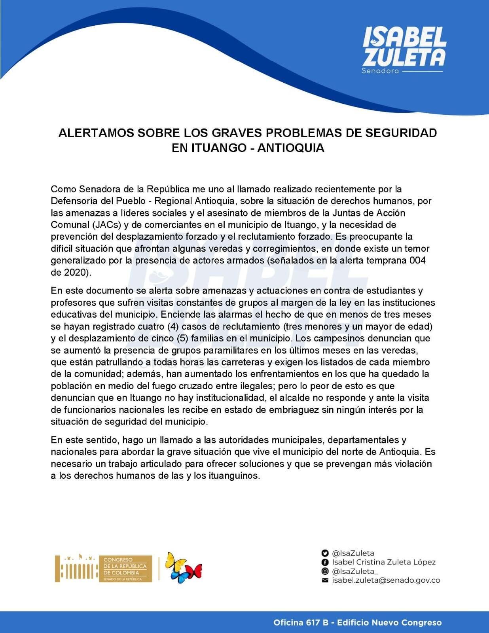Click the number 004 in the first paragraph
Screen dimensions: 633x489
pyautogui.click(x=417, y=260)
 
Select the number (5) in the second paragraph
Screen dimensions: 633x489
pyautogui.click(x=182, y=338)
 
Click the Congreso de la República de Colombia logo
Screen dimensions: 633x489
pyautogui.click(x=104, y=569)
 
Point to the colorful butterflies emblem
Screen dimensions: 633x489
pyautogui.click(x=183, y=568)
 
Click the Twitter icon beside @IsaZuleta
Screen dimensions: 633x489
pyautogui.click(x=325, y=553)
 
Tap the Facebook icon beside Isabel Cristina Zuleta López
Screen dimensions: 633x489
pyautogui.click(x=325, y=562)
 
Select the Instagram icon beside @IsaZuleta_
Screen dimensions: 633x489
pyautogui.click(x=325, y=571)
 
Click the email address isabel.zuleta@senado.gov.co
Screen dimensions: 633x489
pyautogui.click(x=386, y=580)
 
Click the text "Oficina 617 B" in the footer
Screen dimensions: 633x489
pyautogui.click(x=301, y=623)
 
